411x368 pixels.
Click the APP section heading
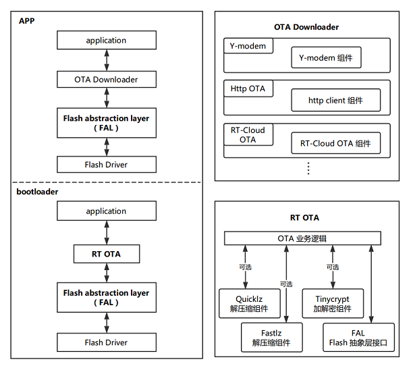[27, 20]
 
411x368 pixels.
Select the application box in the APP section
[106, 41]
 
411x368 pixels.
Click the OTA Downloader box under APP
[106, 80]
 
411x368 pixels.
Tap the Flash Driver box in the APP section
[106, 164]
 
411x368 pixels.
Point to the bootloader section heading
[38, 192]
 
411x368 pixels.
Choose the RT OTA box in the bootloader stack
[106, 255]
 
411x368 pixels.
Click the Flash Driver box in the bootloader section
[106, 342]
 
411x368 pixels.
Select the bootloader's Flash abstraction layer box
[106, 298]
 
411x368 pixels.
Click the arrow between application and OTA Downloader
[106, 60]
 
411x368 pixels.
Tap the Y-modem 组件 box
[326, 58]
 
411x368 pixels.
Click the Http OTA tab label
[248, 88]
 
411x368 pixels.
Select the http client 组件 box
[335, 101]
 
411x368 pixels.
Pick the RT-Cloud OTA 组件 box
[335, 143]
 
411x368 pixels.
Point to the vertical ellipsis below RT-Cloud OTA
[308, 167]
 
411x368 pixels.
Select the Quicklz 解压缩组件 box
[244, 304]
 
